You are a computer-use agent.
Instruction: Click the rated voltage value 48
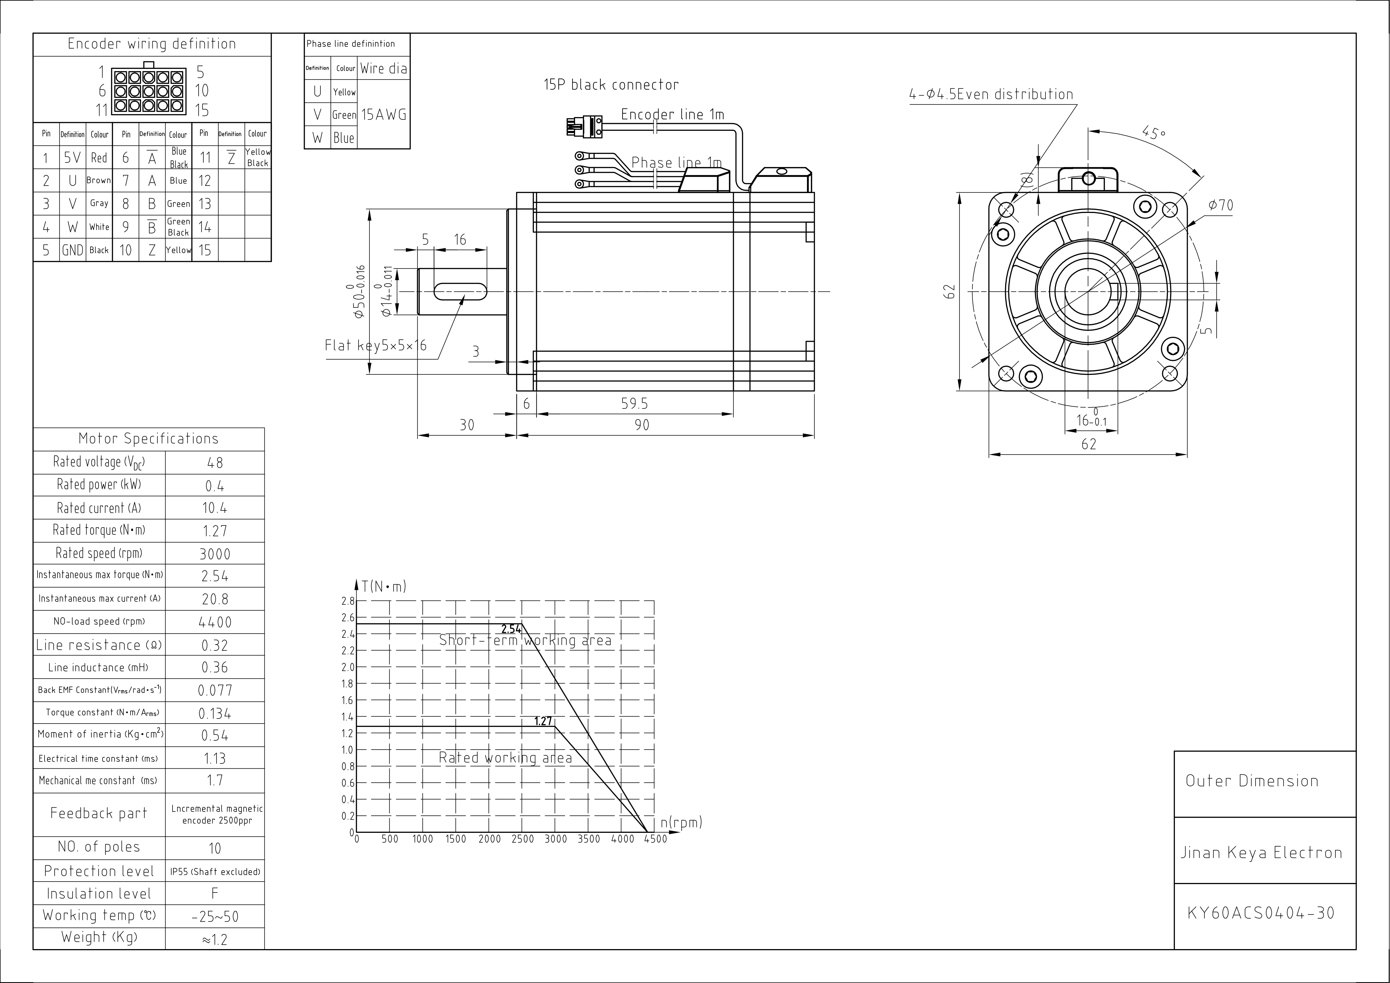(215, 463)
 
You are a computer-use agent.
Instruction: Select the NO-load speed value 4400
(215, 622)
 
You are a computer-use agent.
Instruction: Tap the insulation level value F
(215, 893)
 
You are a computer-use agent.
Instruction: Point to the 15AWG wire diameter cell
(384, 115)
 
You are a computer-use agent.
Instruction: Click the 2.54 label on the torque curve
(511, 629)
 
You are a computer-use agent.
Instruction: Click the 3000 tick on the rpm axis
(556, 839)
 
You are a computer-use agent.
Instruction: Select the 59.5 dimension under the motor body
(634, 404)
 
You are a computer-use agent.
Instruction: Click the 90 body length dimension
(642, 425)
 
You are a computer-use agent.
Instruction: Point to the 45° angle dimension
(1153, 132)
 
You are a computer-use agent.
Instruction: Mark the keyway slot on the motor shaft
(460, 291)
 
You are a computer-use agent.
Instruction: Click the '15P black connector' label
(611, 85)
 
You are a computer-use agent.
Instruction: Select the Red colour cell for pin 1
(99, 158)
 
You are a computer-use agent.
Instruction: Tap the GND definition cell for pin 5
(73, 250)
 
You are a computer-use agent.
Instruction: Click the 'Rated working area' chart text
(505, 758)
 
